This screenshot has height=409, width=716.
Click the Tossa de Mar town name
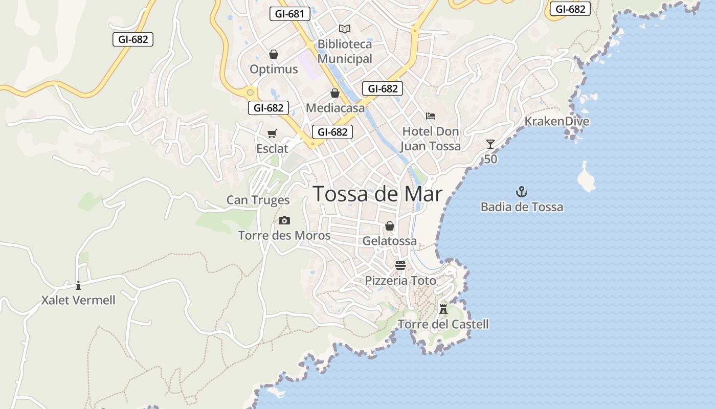(377, 194)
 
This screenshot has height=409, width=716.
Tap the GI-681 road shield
(290, 14)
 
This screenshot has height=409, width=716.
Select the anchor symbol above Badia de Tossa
(522, 192)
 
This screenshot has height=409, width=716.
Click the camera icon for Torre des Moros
(284, 221)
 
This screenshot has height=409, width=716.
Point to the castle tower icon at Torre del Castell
(443, 309)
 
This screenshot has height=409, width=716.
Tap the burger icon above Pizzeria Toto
(400, 265)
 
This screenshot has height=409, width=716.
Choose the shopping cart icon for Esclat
(272, 133)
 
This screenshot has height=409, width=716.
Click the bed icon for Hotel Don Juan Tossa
(431, 116)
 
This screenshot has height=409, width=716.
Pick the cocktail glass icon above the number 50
(490, 144)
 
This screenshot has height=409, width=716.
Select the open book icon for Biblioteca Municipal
(345, 29)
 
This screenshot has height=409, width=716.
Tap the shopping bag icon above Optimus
(274, 54)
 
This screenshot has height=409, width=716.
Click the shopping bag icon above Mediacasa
(335, 93)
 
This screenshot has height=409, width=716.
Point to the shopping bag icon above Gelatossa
(390, 226)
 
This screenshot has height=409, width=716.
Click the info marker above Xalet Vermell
(78, 285)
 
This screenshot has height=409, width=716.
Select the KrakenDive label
(557, 122)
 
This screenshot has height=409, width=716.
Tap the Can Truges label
(258, 200)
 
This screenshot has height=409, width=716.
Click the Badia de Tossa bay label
(522, 207)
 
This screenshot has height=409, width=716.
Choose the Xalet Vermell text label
(78, 300)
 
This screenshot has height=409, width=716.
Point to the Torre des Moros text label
(284, 236)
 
